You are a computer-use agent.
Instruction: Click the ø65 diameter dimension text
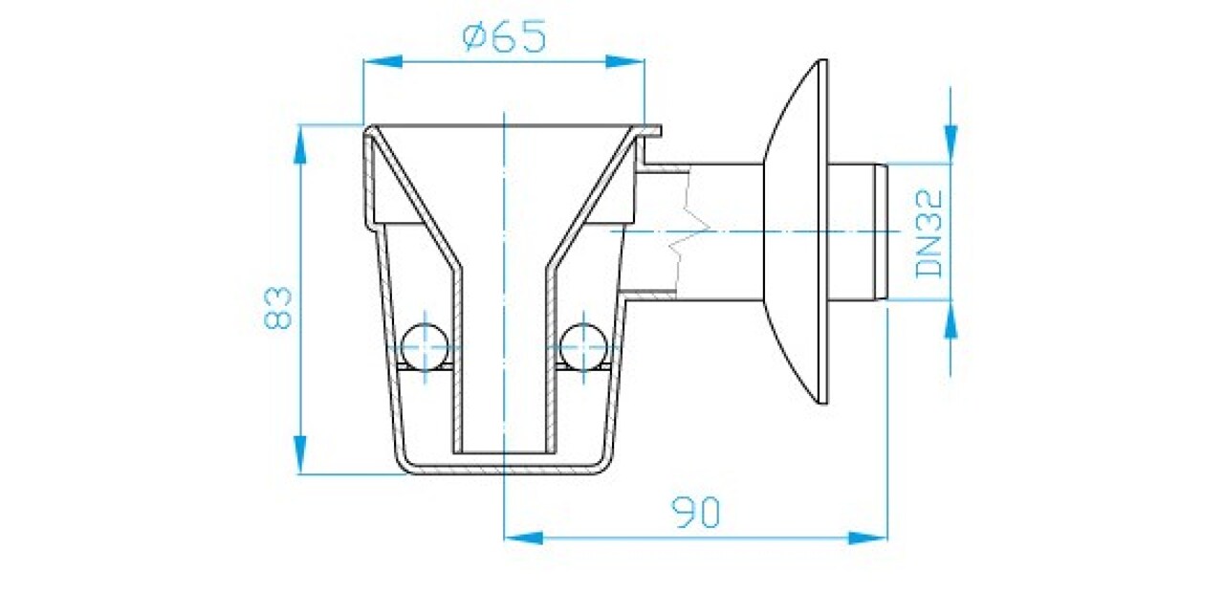(504, 36)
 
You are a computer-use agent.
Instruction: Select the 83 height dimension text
(277, 308)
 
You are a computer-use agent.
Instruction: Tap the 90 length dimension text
(695, 513)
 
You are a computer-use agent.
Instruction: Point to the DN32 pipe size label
(929, 233)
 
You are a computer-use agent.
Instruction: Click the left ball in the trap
(425, 346)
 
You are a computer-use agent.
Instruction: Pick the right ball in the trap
(584, 346)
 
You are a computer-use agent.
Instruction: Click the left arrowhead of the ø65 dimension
(382, 62)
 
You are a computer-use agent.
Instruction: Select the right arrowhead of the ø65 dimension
(625, 62)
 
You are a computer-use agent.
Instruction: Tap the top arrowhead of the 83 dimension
(299, 144)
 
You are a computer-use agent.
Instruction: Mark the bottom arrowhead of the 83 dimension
(299, 454)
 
